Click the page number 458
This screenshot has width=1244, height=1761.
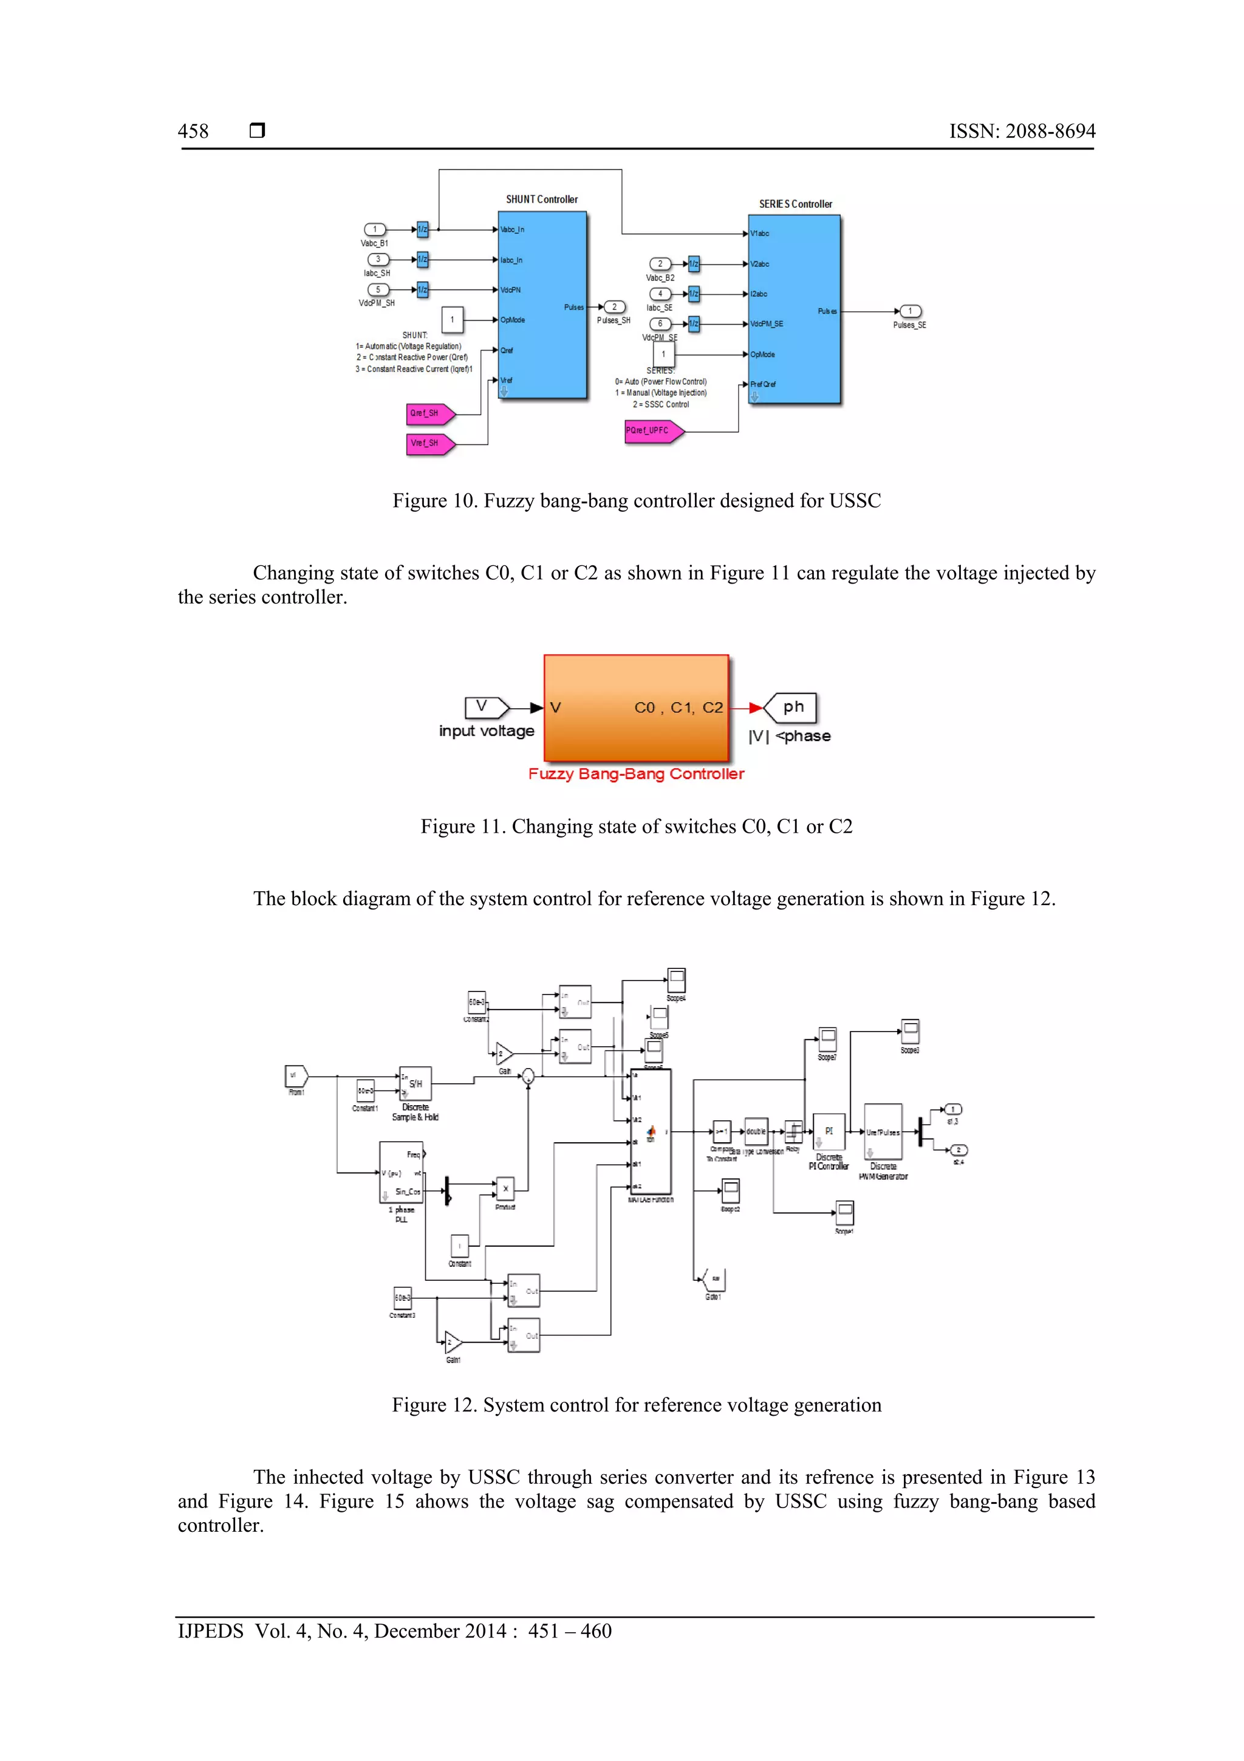(x=193, y=131)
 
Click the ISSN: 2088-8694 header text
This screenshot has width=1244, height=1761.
(x=1022, y=131)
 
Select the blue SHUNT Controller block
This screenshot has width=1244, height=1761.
(x=542, y=306)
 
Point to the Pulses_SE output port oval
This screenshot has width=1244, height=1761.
(x=910, y=311)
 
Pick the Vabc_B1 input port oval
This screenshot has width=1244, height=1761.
(x=375, y=229)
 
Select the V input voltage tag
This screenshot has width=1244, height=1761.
(x=486, y=707)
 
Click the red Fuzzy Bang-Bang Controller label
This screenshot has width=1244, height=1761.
(x=635, y=774)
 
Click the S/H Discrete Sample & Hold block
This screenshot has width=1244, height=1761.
(x=415, y=1084)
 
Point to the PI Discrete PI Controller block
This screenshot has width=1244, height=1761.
(x=828, y=1131)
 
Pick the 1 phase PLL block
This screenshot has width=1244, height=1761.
(x=401, y=1173)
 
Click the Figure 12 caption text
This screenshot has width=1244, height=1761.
(x=636, y=1405)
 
